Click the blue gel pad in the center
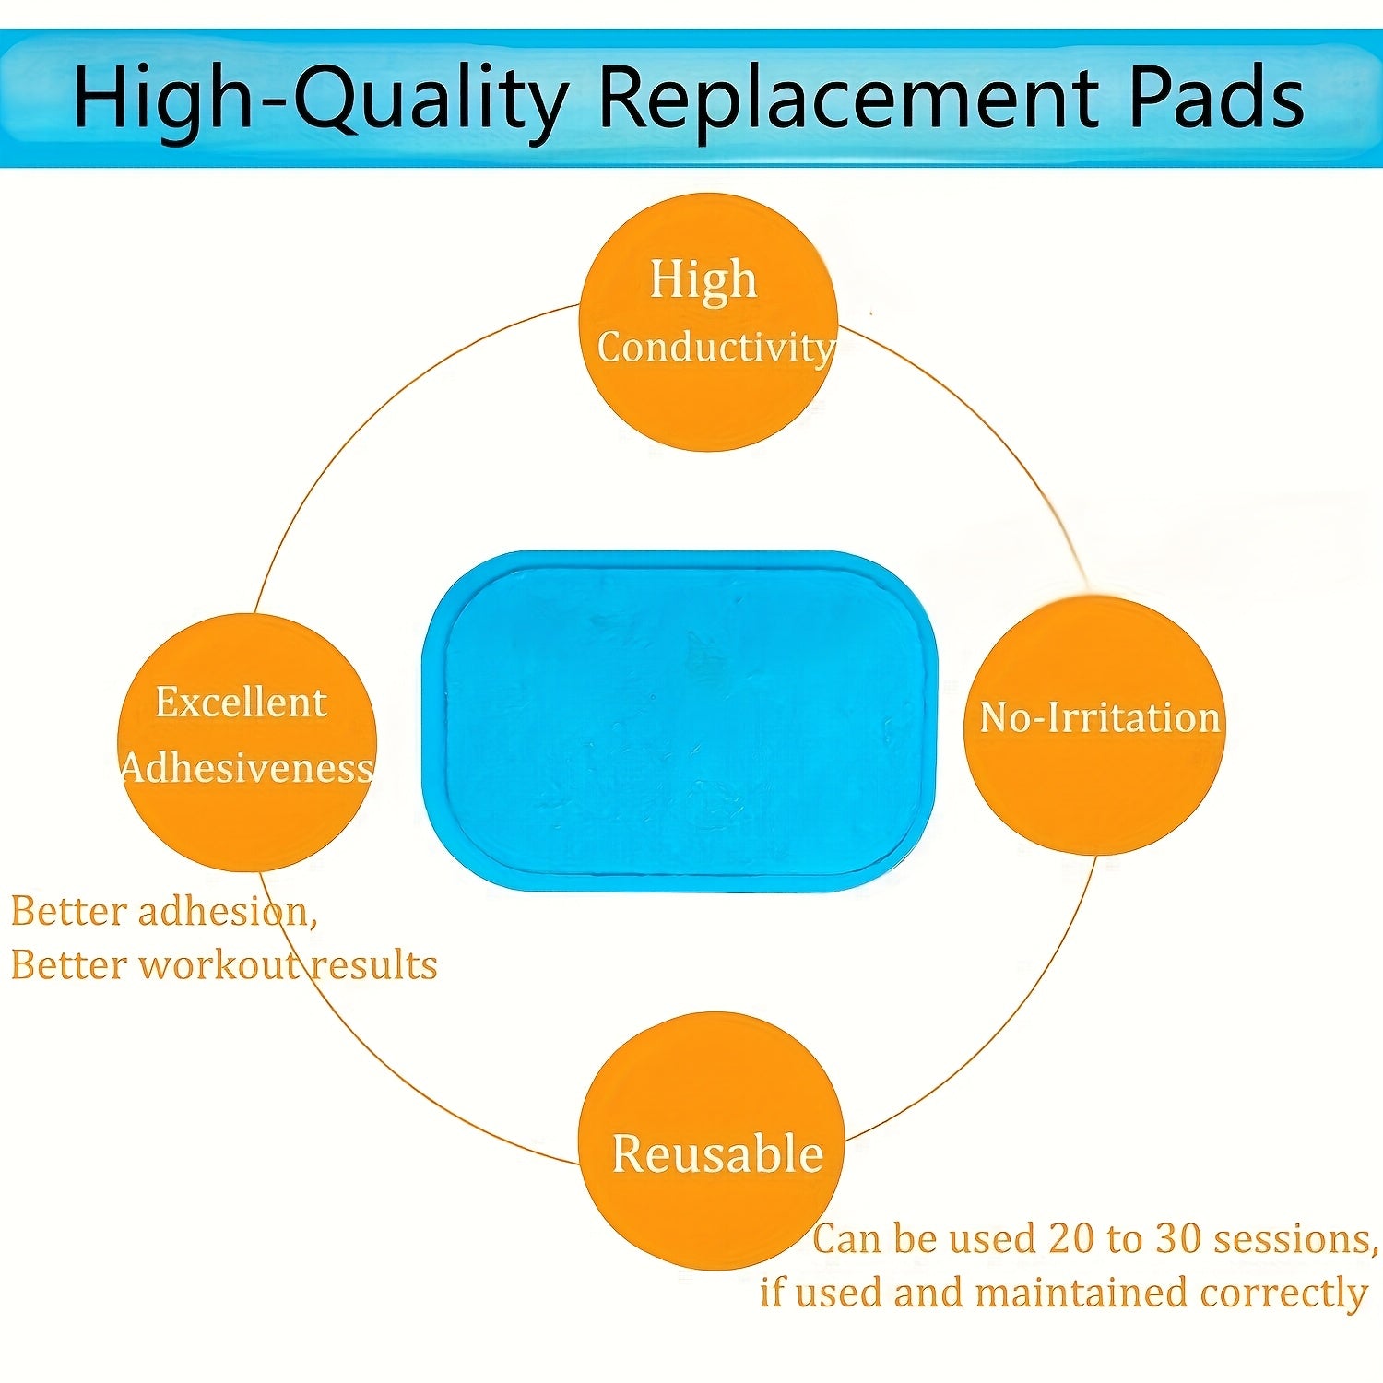click(680, 721)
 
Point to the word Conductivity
click(716, 348)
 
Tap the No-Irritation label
click(1100, 717)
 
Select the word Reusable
click(717, 1154)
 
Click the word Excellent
click(241, 703)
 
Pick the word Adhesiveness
click(247, 768)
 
